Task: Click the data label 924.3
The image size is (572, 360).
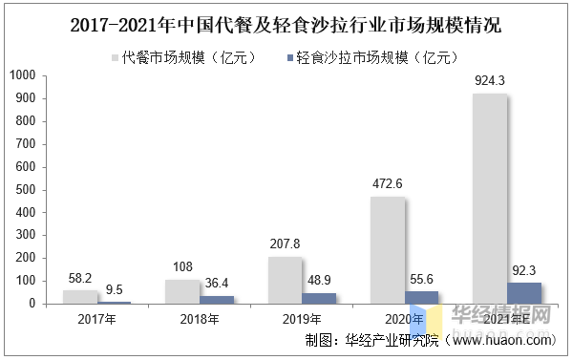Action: pos(490,80)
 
